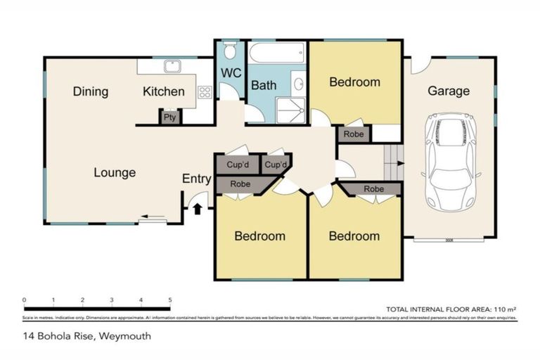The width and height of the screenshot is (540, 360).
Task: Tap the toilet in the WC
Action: pyautogui.click(x=229, y=51)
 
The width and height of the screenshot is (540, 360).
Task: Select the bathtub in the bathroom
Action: pyautogui.click(x=276, y=53)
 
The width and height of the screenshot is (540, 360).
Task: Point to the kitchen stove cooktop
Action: pyautogui.click(x=205, y=91)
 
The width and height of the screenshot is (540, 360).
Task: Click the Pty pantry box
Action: pyautogui.click(x=170, y=117)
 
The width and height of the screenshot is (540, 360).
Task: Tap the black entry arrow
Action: pyautogui.click(x=197, y=208)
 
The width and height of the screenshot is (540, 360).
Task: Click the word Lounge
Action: pyautogui.click(x=115, y=172)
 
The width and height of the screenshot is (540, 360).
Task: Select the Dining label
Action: pyautogui.click(x=90, y=91)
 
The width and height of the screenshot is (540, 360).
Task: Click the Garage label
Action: pyautogui.click(x=449, y=91)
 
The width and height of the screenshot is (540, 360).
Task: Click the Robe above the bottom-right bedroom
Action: pyautogui.click(x=373, y=189)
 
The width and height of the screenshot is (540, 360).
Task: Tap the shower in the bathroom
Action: pyautogui.click(x=290, y=109)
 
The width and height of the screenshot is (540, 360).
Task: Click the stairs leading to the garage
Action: pyautogui.click(x=392, y=163)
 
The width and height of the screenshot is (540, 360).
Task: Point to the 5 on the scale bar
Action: pyautogui.click(x=170, y=300)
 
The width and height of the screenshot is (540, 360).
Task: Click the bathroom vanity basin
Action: pyautogui.click(x=299, y=85)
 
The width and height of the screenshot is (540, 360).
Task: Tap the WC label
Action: pyautogui.click(x=231, y=74)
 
